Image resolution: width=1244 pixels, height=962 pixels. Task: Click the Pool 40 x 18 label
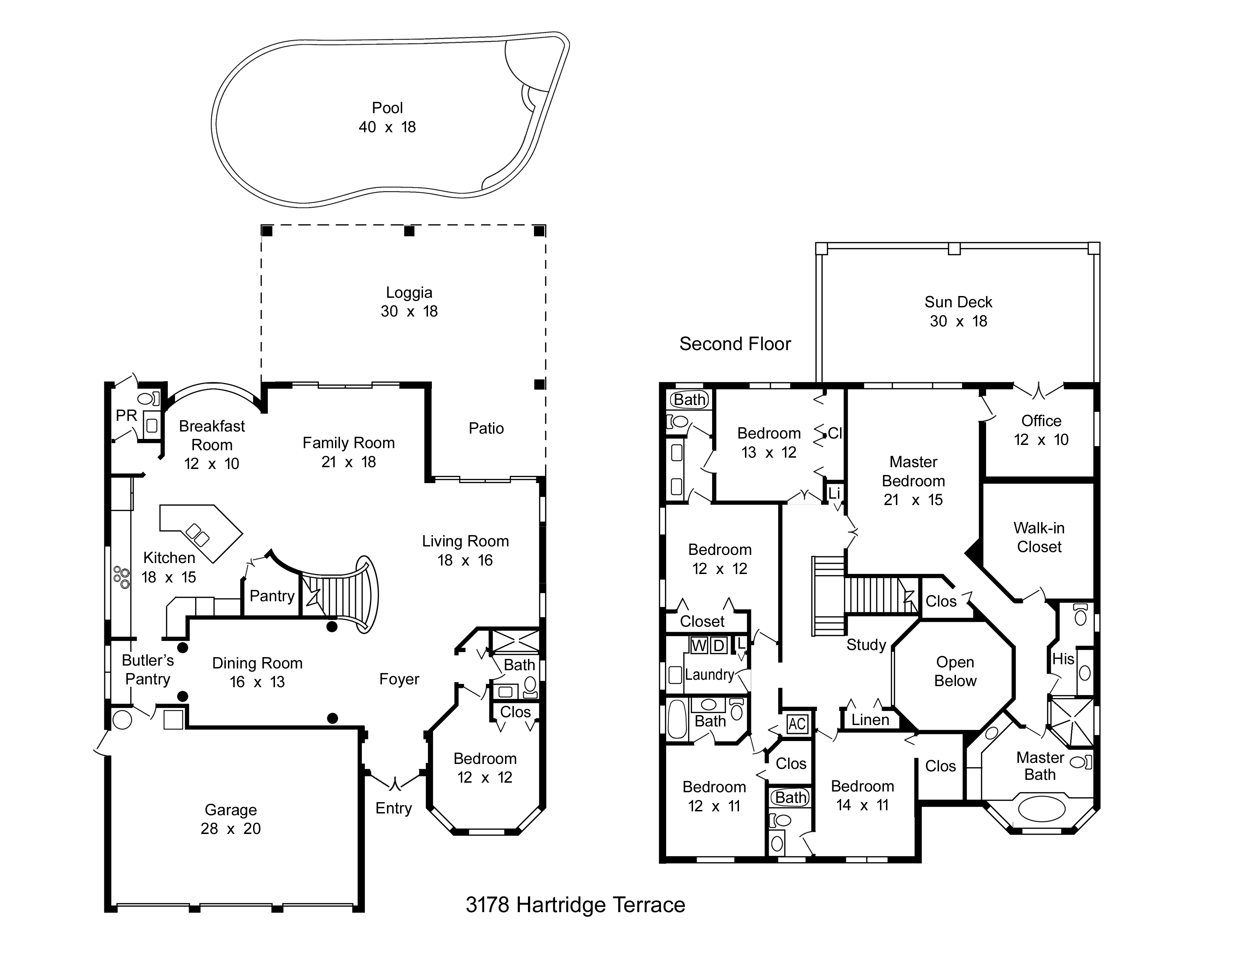coord(387,117)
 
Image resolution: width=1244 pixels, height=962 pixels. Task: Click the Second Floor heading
coord(735,344)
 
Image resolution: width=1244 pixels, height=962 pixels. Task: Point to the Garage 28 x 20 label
coord(231,819)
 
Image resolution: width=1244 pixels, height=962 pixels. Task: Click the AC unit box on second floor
coord(797,724)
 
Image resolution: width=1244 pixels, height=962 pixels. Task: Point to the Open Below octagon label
coord(955,671)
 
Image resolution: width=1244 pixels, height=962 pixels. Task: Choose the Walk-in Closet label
coord(1039,538)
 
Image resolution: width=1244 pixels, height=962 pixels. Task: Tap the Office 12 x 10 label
coord(1041,430)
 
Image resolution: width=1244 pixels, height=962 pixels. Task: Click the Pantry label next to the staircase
coord(272,596)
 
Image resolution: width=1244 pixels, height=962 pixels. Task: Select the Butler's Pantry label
coord(147,670)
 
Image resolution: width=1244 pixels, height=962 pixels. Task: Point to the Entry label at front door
coord(394,808)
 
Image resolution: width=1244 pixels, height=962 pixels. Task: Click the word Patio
coord(486,429)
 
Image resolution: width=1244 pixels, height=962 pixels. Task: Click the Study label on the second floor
coord(866,644)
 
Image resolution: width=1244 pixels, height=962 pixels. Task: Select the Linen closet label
coord(870,720)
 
